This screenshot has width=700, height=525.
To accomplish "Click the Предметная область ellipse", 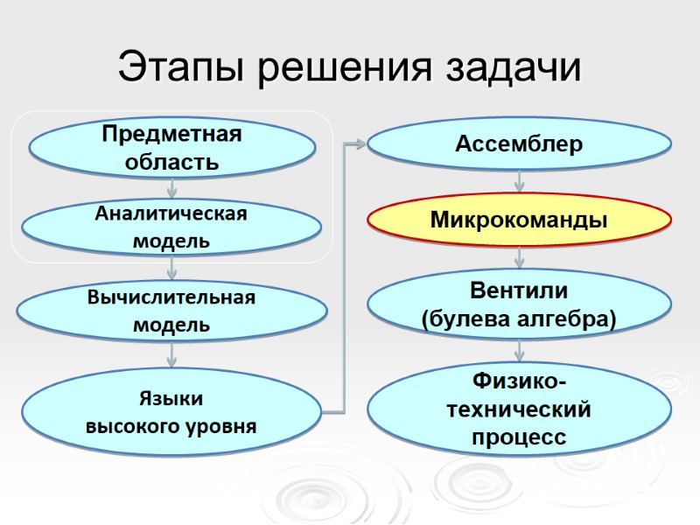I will click(x=171, y=148).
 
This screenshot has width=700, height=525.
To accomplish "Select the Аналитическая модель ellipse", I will click(x=171, y=226).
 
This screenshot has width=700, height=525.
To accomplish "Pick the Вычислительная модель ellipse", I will click(x=171, y=311).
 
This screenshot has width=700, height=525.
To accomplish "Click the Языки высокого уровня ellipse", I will click(x=171, y=413).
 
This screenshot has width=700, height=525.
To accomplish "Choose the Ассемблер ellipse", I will click(x=519, y=144).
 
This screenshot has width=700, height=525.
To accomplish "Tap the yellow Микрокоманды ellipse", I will click(x=519, y=220).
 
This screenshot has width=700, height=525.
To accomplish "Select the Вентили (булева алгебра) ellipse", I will click(x=519, y=304).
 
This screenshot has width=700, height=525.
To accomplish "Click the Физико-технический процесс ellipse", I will click(x=519, y=409).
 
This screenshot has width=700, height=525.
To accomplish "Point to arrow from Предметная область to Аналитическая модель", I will click(x=171, y=187).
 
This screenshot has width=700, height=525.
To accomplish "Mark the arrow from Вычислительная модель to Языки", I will click(x=171, y=353).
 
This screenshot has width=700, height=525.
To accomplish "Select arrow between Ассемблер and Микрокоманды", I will click(x=519, y=181).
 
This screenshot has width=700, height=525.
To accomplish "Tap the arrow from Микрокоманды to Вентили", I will click(x=519, y=258).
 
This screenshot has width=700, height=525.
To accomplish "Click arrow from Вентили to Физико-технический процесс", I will click(x=519, y=349).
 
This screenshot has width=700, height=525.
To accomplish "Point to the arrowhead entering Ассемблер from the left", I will click(x=359, y=143).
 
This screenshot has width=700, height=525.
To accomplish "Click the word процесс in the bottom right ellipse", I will click(x=519, y=436).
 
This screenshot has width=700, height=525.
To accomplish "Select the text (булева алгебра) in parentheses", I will click(x=519, y=319).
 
